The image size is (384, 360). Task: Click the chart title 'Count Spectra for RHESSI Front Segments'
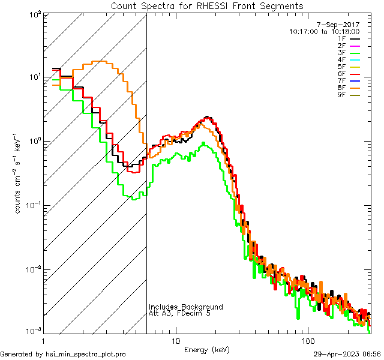(207, 6)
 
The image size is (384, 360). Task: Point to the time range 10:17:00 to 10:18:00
(324, 31)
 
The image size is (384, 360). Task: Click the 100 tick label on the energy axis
(308, 340)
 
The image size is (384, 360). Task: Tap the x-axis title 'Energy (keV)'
(207, 349)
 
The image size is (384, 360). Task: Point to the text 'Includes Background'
(185, 307)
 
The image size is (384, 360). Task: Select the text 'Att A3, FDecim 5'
(180, 314)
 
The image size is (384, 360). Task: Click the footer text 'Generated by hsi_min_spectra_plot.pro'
(63, 354)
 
